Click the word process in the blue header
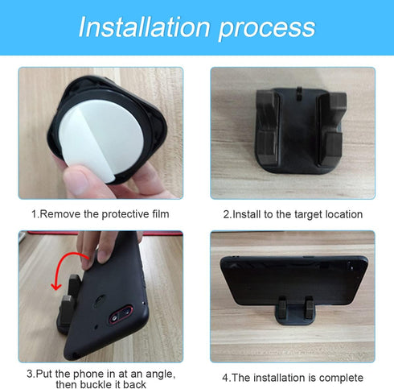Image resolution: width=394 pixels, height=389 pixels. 264,27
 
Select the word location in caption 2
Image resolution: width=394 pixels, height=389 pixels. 342,214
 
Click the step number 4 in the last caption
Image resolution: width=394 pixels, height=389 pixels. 225,377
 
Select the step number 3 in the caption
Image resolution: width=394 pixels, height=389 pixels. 29,373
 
